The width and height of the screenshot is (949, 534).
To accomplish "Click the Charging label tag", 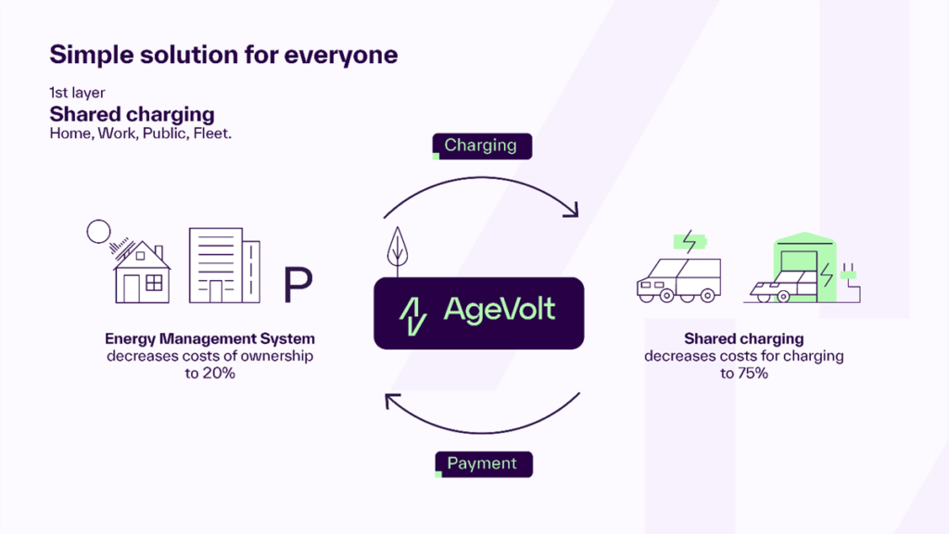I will pyautogui.click(x=480, y=145).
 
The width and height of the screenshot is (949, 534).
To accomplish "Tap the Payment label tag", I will pyautogui.click(x=482, y=463).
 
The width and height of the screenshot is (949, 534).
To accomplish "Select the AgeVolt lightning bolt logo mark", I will pyautogui.click(x=412, y=312).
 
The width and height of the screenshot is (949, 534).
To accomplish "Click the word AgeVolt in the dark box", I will pyautogui.click(x=500, y=309).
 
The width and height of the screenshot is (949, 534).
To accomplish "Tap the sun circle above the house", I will pyautogui.click(x=97, y=231).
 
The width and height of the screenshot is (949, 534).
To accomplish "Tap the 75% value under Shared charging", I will pyautogui.click(x=744, y=372).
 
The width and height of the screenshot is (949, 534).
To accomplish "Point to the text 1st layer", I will pyautogui.click(x=78, y=94).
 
